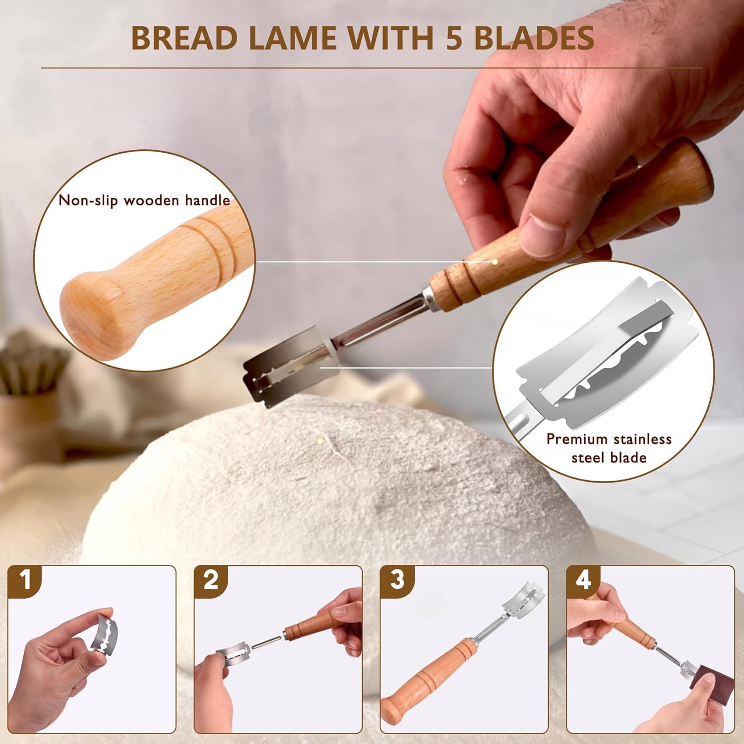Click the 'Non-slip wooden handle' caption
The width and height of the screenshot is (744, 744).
click(x=144, y=200)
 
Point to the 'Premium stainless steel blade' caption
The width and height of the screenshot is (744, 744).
click(x=609, y=448)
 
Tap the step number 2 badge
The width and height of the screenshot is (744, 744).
click(x=211, y=579)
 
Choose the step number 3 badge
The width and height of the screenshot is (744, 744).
click(x=397, y=579)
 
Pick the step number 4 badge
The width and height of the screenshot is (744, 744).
click(x=583, y=579)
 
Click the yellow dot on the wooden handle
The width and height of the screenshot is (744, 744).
click(x=495, y=261)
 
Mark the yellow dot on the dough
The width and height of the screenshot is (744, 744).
click(x=320, y=440)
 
